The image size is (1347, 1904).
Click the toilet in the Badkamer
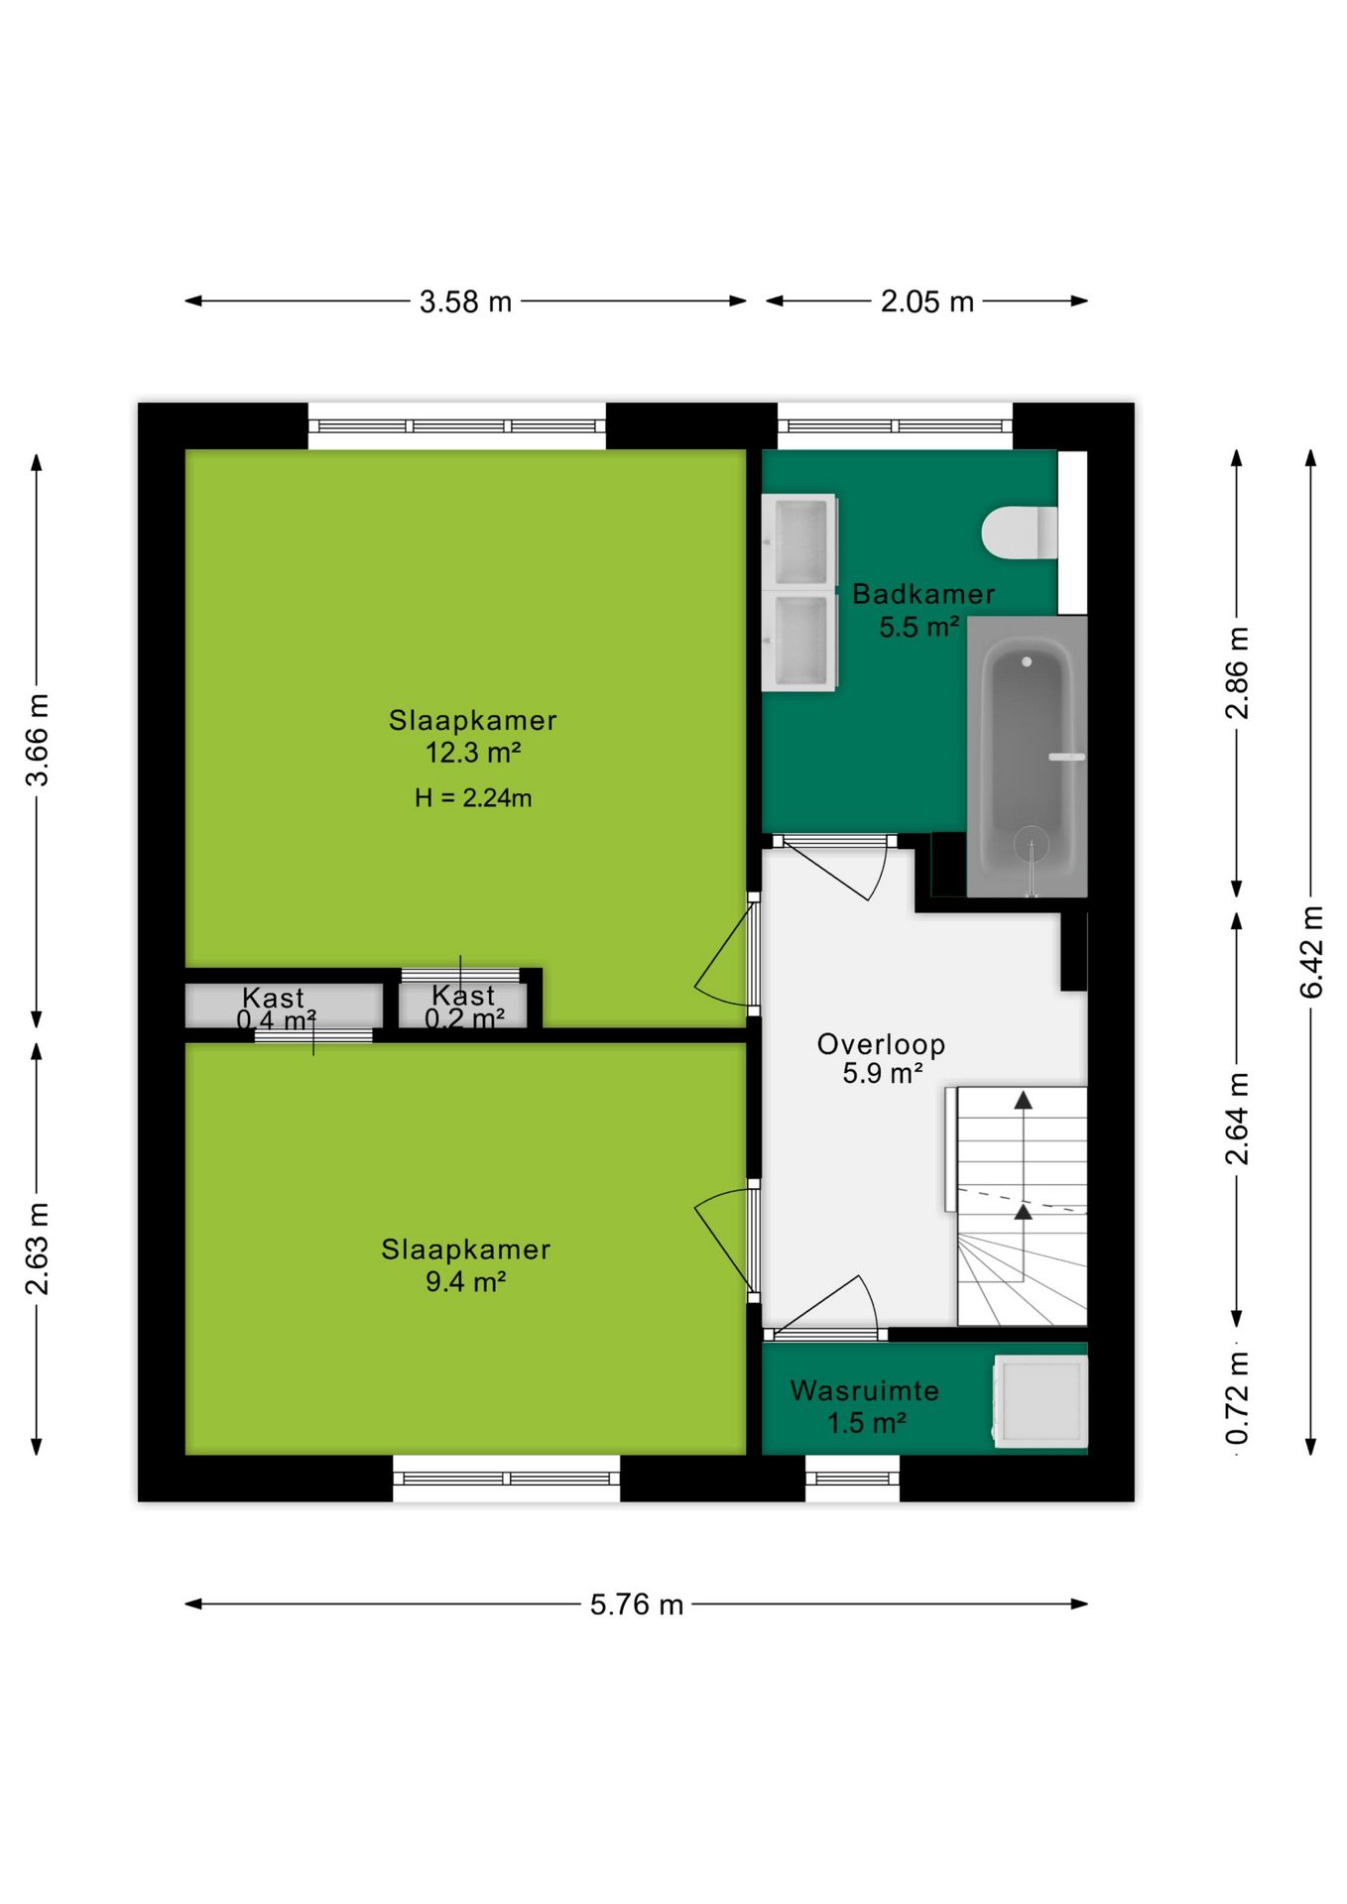coord(1020,533)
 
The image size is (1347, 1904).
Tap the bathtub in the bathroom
coord(1027,757)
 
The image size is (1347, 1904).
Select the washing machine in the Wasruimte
coord(1041,1400)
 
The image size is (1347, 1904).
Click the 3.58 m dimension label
coord(465,301)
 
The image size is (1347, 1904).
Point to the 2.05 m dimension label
coord(927,301)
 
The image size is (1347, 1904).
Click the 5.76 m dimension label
coord(637,1604)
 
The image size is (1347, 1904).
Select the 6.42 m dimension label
coord(1311,952)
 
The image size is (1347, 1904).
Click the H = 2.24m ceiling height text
coord(473,797)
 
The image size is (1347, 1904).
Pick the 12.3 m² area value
coord(473,753)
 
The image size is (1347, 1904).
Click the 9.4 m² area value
coord(465,1281)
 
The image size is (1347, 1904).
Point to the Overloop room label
coord(881,1044)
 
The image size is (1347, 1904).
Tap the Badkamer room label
coord(923,594)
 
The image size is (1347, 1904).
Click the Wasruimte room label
coord(864,1390)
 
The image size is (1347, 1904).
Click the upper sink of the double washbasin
coord(799,541)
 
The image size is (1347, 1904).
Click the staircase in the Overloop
coord(1022,1206)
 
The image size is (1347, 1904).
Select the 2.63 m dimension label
coord(37,1249)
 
